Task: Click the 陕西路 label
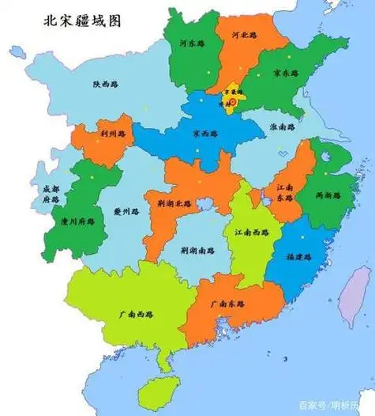click(105, 83)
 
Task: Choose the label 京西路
click(205, 133)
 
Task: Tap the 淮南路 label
click(281, 127)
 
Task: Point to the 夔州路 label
click(127, 211)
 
